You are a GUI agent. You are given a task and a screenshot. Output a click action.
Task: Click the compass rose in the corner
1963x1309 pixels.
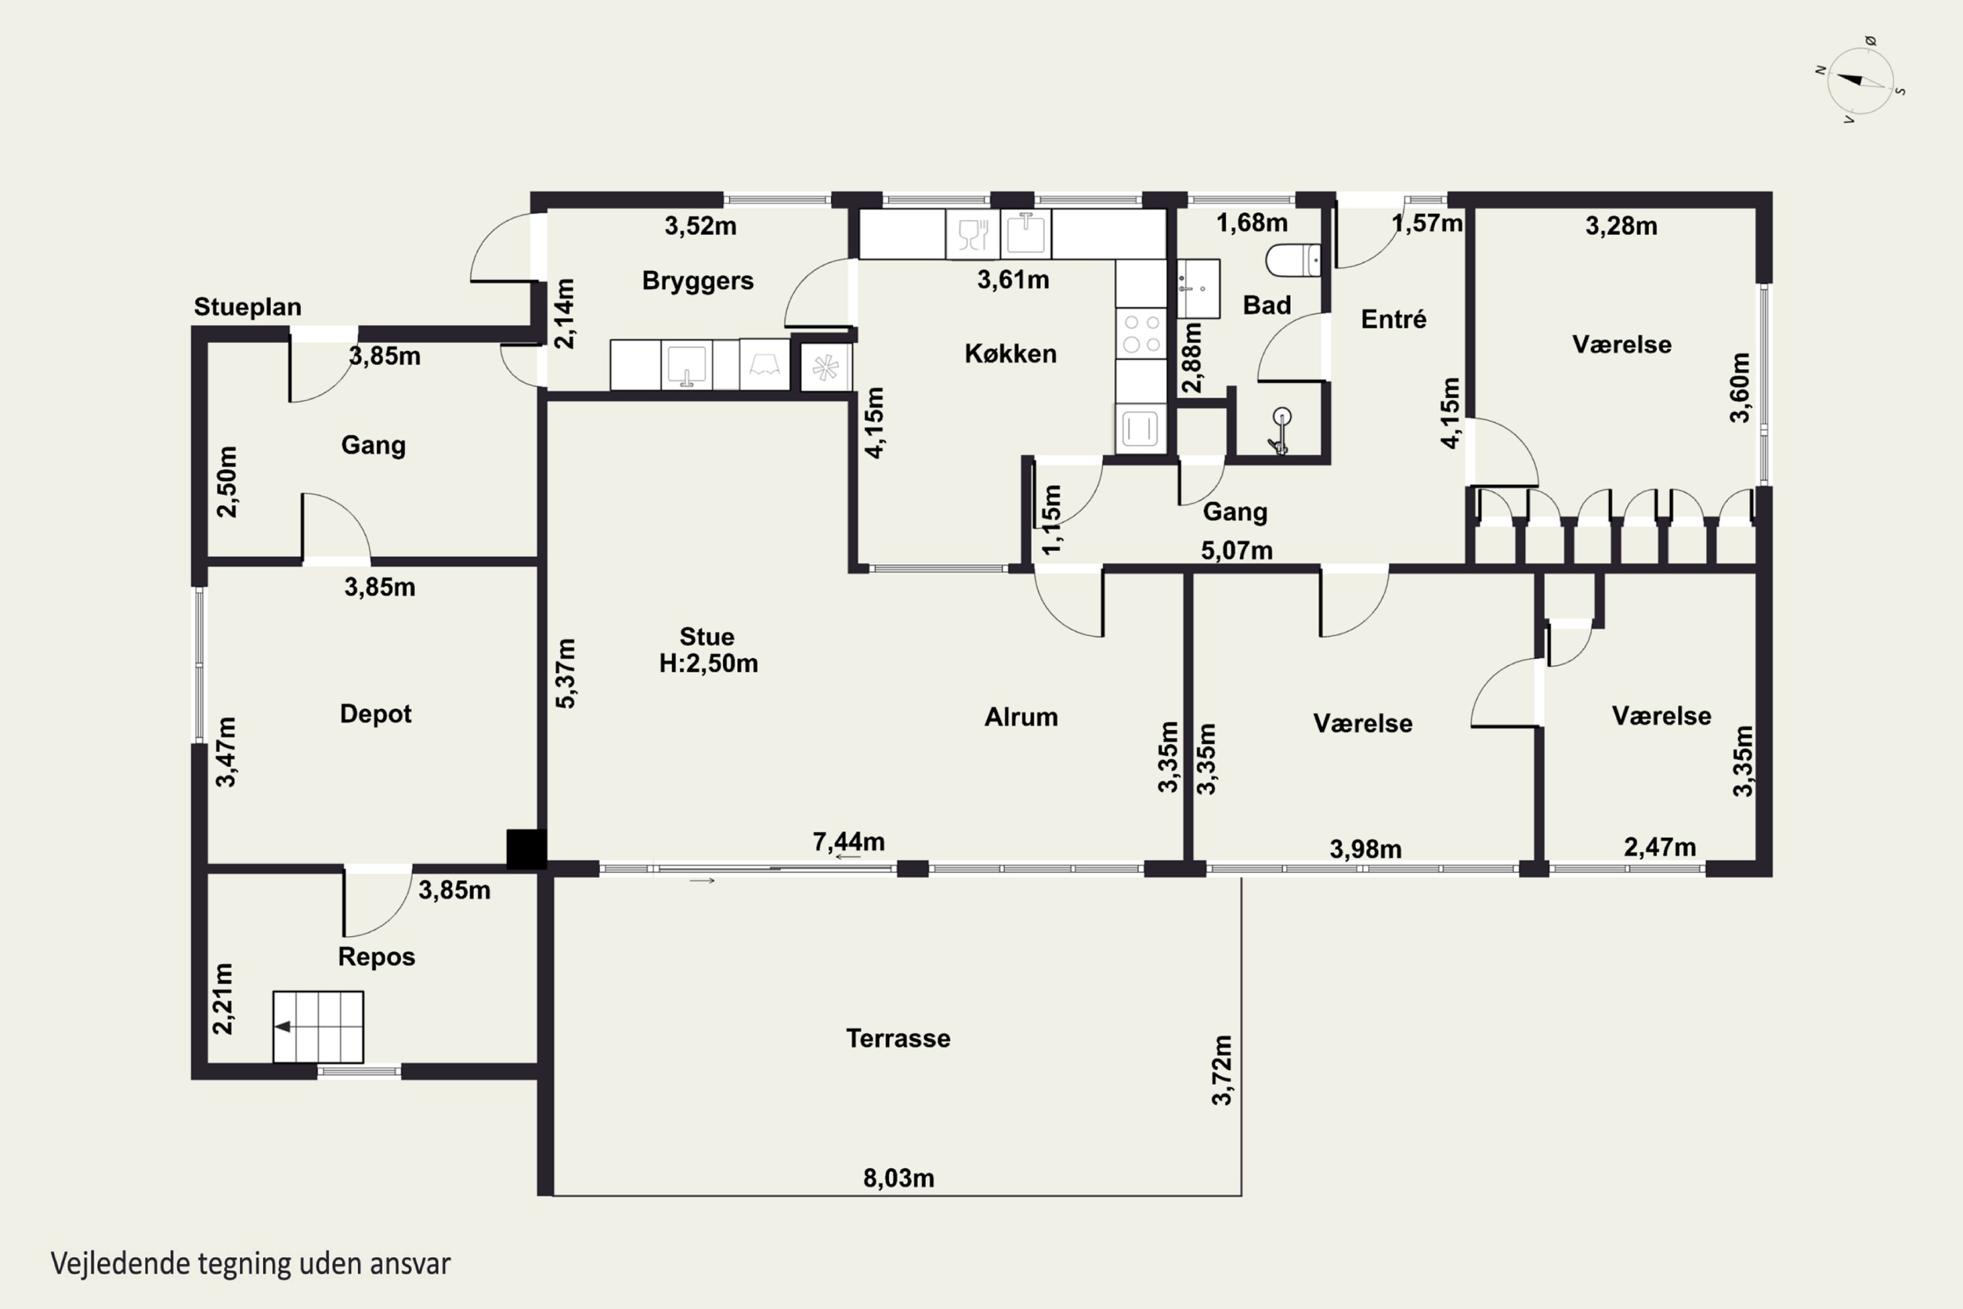(1860, 81)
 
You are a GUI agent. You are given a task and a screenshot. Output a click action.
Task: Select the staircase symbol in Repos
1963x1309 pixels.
(318, 1027)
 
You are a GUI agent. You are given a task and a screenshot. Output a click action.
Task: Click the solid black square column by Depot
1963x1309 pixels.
(527, 849)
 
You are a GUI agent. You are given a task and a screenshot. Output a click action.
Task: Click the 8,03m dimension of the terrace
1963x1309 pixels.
(898, 1178)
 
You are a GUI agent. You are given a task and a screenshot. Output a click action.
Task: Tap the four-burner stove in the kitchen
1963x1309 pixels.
(1141, 333)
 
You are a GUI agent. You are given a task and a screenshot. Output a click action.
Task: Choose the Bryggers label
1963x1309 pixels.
(698, 281)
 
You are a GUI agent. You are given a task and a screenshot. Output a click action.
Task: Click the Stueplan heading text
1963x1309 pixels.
(248, 307)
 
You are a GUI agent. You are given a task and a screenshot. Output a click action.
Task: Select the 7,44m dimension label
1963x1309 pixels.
(849, 842)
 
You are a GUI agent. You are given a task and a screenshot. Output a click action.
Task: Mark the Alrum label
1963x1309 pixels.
(1021, 717)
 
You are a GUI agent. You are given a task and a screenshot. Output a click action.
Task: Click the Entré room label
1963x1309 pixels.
(1394, 318)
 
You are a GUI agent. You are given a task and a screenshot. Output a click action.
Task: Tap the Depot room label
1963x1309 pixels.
(376, 715)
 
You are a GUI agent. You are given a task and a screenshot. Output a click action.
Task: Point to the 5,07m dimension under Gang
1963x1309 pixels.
(1237, 550)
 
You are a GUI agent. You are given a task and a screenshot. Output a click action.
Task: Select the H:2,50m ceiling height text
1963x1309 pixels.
(709, 664)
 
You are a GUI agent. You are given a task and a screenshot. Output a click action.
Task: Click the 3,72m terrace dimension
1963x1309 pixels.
(1222, 1070)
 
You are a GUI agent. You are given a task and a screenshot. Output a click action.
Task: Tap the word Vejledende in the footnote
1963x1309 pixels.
(121, 1263)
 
